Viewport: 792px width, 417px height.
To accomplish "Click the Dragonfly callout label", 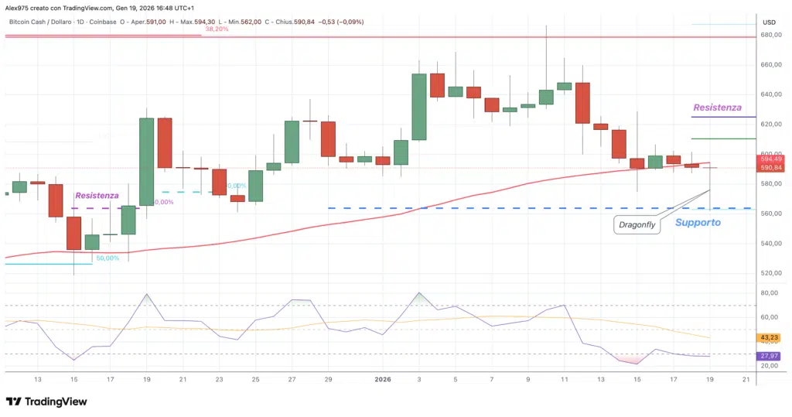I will (x=637, y=225).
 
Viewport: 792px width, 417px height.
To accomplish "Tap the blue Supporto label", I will (x=698, y=223).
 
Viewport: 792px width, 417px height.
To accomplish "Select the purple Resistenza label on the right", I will (x=717, y=108).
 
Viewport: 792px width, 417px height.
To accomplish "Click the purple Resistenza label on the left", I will (x=97, y=197).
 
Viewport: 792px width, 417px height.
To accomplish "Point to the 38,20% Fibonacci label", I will (x=217, y=29).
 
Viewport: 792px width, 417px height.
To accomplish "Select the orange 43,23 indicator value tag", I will (x=769, y=337).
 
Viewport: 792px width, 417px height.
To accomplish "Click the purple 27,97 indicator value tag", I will (x=769, y=356).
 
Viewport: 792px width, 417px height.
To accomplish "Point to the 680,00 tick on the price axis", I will (x=768, y=36).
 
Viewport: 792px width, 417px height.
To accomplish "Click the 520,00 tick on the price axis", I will (x=768, y=273).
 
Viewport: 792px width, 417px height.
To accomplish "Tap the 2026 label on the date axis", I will (x=383, y=379).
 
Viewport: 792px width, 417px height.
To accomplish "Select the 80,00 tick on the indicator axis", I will (x=768, y=293).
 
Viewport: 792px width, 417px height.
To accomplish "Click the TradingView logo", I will (x=46, y=402).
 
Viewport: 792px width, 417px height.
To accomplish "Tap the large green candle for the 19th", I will (x=145, y=162).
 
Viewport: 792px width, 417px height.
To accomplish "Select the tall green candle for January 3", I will (x=418, y=106).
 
